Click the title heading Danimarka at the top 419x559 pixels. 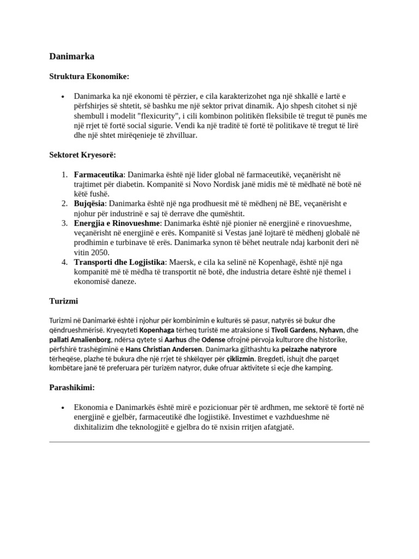(72, 56)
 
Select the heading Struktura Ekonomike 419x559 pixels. (89, 76)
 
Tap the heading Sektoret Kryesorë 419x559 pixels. (82, 155)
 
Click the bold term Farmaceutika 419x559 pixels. (99, 175)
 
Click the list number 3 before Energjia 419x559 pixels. (64, 223)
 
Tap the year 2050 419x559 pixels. (101, 253)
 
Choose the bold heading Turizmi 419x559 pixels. (64, 301)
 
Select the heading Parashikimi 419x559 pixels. (72, 388)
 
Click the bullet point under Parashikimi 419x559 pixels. (64, 408)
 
